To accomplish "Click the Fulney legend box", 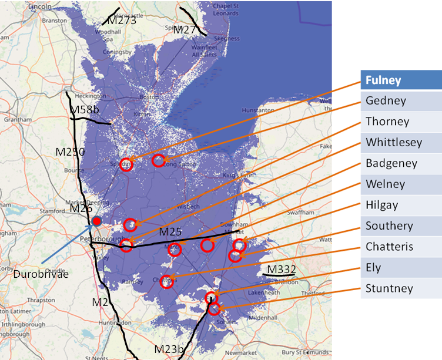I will (401, 80).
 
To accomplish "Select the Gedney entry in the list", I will (401, 100).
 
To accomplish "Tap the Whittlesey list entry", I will (401, 142).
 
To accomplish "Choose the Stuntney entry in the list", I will (401, 288).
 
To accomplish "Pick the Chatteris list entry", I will (401, 247).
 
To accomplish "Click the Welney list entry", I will (401, 184).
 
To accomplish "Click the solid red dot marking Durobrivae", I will (96, 221).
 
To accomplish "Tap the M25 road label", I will (170, 231).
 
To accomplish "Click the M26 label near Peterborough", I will (81, 208).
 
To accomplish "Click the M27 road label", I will (184, 29).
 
